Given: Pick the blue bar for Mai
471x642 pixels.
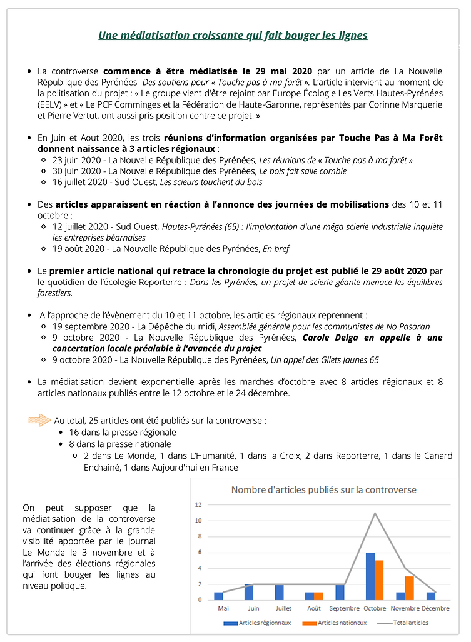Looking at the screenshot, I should [x=218, y=596].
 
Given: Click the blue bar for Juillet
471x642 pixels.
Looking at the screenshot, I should [x=279, y=593].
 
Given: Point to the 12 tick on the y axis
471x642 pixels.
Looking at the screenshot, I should [x=198, y=504].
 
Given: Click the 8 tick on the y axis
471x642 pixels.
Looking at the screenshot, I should [x=198, y=536].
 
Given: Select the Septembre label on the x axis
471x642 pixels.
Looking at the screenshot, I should [x=343, y=608].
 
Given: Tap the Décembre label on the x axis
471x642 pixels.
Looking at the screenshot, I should [x=435, y=608].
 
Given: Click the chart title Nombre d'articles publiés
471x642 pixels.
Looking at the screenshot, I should [x=323, y=489].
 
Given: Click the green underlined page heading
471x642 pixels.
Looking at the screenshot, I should [x=233, y=35].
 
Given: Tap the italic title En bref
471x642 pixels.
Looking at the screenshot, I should [x=276, y=249].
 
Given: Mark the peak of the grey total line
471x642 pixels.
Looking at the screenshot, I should [x=375, y=513].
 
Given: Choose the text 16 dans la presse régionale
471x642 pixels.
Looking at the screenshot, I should [x=123, y=432].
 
